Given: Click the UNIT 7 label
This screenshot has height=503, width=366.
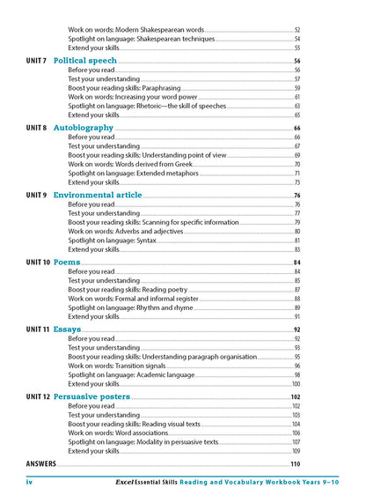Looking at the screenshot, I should [x=36, y=61].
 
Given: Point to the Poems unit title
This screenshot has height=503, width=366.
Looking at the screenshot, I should [x=67, y=263].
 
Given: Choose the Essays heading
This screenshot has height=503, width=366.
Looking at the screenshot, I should [x=68, y=329].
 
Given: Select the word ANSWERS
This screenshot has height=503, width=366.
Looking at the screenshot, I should [x=41, y=463].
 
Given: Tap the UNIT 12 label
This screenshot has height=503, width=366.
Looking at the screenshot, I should [x=38, y=396].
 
